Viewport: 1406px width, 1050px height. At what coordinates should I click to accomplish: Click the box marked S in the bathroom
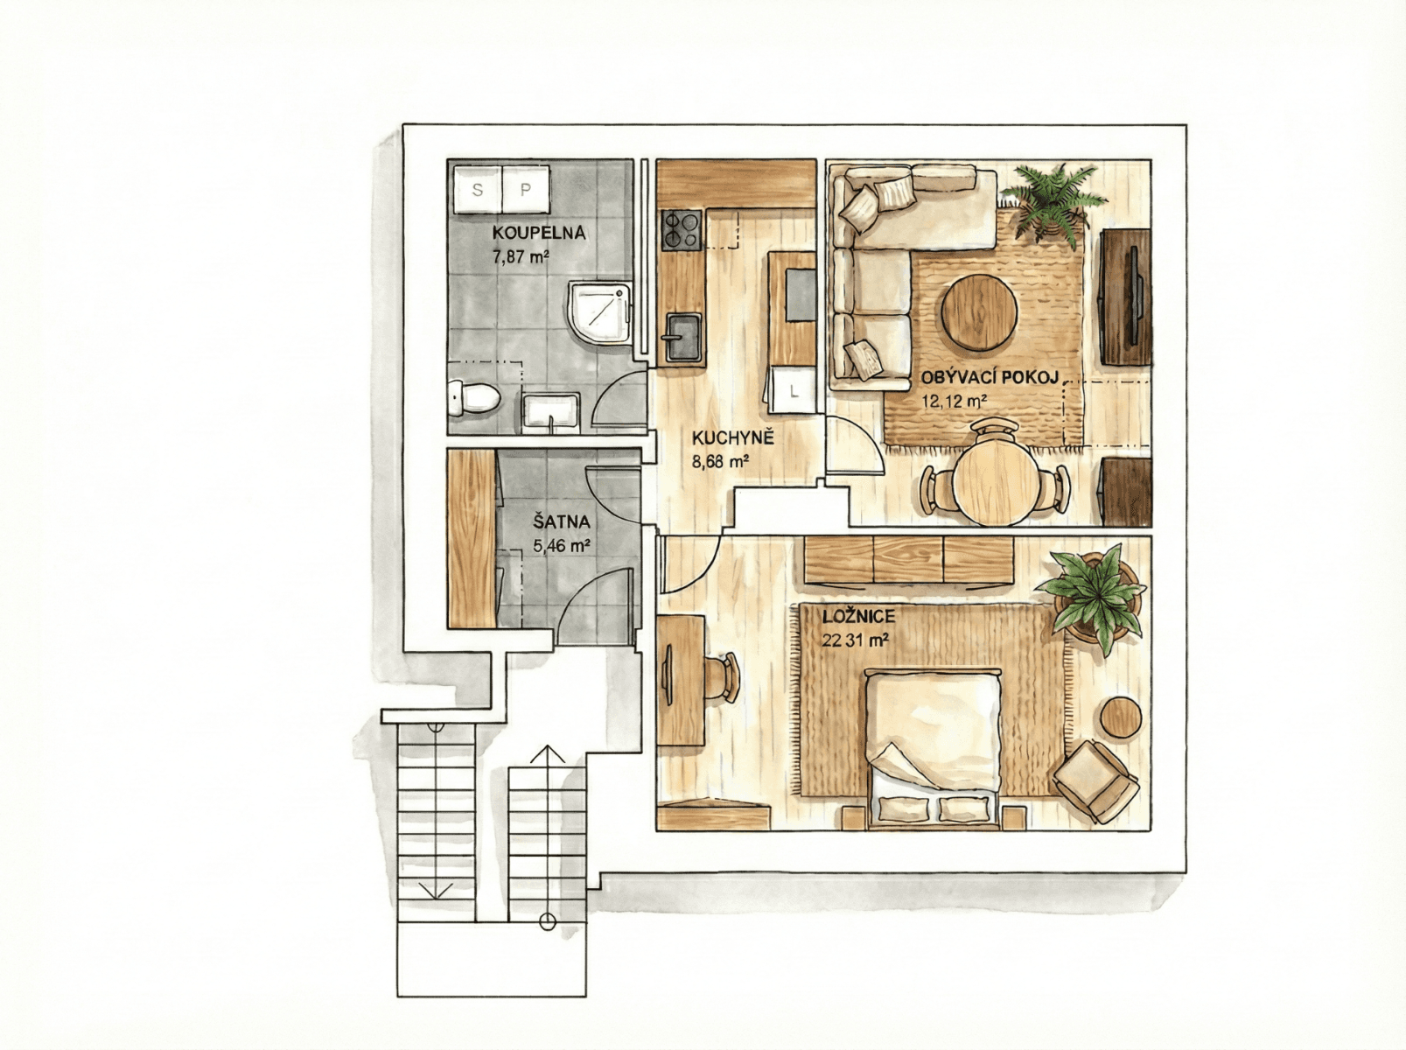(x=478, y=189)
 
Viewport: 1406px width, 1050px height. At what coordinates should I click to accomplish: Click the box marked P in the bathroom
(x=526, y=189)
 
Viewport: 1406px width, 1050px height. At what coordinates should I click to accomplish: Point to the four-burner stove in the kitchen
(x=682, y=231)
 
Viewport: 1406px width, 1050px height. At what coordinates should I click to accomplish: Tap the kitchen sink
(x=682, y=337)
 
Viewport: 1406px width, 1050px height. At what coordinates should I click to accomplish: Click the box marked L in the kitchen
(x=794, y=390)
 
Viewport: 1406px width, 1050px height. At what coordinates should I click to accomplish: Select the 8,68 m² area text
(x=719, y=462)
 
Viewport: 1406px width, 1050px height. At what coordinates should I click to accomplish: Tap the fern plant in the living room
(x=1050, y=198)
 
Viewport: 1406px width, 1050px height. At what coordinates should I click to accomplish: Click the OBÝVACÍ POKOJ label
(x=990, y=378)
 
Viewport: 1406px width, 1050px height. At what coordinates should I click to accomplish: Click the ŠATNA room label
(x=562, y=522)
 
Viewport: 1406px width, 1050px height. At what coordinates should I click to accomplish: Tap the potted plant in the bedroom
(x=1094, y=596)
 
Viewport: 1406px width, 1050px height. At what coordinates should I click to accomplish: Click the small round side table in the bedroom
(x=1121, y=717)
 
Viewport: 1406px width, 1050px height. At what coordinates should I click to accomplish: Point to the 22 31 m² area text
(x=855, y=640)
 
